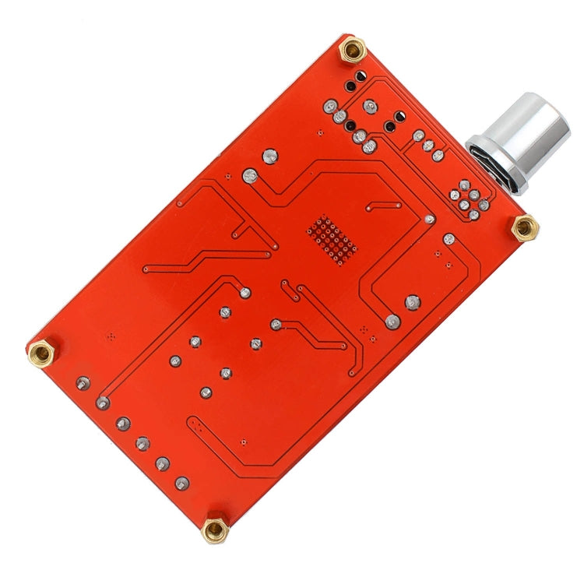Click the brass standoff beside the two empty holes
pos(354,51)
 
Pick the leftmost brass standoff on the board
pos(41,354)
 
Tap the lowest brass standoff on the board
pos(214,530)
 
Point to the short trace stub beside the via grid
pos(384,206)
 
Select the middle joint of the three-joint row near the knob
pos(427,146)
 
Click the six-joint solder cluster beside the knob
pos(470,195)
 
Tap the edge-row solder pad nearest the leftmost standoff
pos(83,383)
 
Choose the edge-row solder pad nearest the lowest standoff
pos(182,484)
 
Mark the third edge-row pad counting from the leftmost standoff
pos(123,424)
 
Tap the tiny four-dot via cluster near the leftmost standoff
pos(109,336)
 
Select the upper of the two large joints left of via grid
pos(270,157)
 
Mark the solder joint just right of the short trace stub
pos(429,220)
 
